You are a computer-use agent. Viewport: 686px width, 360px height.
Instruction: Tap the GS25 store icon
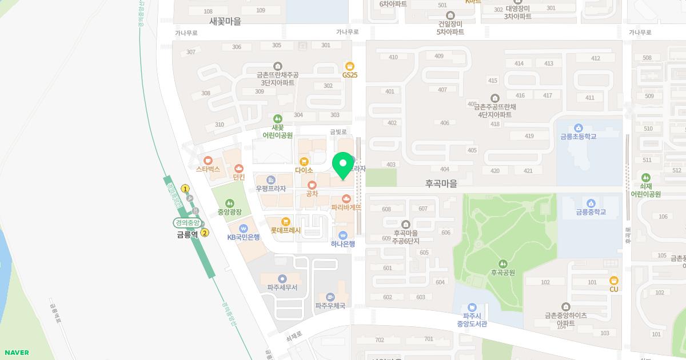pos(349,66)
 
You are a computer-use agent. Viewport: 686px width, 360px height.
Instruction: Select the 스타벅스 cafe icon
pos(208,161)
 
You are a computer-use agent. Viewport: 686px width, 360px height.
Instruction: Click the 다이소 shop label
pos(304,170)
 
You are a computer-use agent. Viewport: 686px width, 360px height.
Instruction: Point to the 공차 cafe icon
pos(312,185)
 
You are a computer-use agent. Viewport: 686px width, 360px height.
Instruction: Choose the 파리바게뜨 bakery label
pos(346,207)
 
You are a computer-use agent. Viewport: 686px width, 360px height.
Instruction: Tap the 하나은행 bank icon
pos(343,235)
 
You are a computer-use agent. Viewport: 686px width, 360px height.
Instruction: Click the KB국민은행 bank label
pos(244,237)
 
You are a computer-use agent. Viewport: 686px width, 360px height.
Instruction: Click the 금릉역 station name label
pos(187,234)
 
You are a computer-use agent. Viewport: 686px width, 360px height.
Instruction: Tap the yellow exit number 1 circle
pos(185,189)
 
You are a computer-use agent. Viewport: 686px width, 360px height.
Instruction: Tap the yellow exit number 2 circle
pos(205,233)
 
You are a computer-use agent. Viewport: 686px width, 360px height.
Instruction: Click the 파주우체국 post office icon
pos(330,297)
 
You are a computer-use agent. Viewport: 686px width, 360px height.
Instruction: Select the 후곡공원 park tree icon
pos(502,263)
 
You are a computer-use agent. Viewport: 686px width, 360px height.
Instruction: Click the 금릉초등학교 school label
pos(578,137)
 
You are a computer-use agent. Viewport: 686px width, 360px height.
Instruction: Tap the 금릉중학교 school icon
pos(591,203)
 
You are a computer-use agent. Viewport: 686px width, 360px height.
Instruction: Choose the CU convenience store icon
pos(614,280)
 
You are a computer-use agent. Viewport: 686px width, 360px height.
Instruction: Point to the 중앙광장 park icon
pos(229,203)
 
